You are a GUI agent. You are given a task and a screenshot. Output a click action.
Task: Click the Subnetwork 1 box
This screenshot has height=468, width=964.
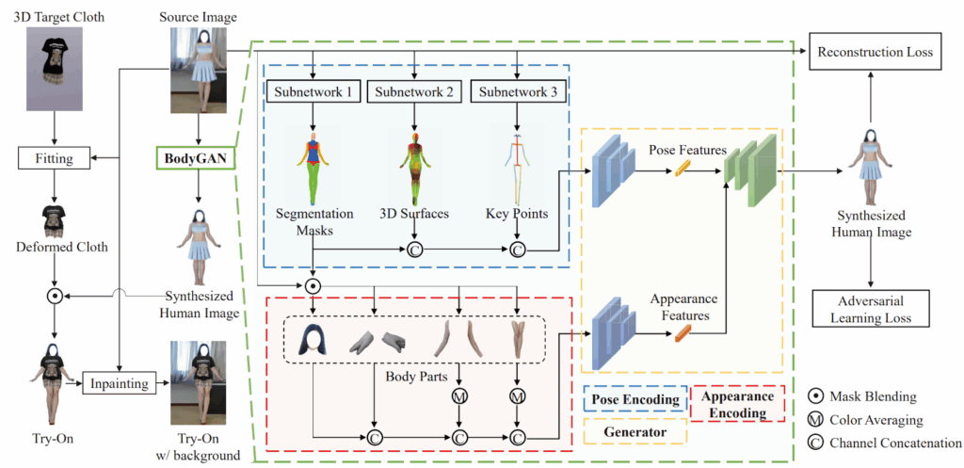[x=311, y=91]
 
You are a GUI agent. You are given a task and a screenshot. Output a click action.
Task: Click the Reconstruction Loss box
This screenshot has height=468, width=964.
[x=876, y=52]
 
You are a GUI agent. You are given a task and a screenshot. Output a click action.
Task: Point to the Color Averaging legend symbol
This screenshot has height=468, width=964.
[x=815, y=419]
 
